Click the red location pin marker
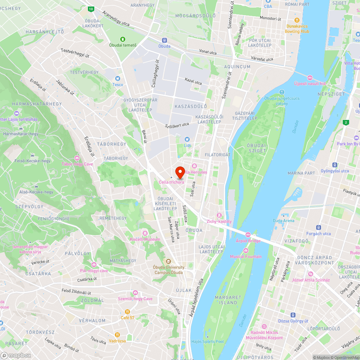[180, 172]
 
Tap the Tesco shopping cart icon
[117, 78]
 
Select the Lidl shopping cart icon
[187, 139]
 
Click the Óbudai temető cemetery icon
[123, 39]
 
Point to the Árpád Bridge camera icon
[248, 235]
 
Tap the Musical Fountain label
[246, 257]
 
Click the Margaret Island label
[228, 300]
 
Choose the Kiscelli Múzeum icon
[145, 233]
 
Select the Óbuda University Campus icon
[168, 261]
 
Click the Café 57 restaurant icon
[127, 311]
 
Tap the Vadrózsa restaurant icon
[117, 335]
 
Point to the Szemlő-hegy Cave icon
[135, 293]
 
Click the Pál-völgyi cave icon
[94, 265]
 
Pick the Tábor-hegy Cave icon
[77, 158]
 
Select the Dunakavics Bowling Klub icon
[297, 20]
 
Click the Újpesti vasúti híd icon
[310, 77]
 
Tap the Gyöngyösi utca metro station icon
[335, 165]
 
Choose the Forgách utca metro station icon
[318, 228]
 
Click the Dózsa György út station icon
[293, 315]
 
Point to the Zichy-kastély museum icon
[219, 215]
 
